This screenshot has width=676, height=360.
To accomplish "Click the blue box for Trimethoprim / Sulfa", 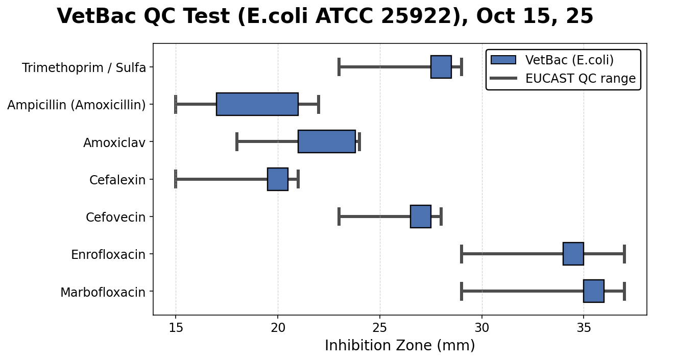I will click(x=441, y=67).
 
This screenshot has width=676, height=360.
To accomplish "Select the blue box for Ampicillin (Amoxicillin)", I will click(x=257, y=104).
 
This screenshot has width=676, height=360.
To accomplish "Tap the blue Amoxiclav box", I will click(x=326, y=141).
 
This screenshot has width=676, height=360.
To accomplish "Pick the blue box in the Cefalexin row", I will click(x=277, y=179).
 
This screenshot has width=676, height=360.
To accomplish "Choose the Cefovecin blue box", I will click(x=420, y=217).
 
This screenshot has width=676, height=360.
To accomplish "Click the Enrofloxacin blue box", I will click(x=573, y=254).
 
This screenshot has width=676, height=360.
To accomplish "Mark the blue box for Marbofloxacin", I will click(x=593, y=291).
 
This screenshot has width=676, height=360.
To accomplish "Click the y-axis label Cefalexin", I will click(x=117, y=180).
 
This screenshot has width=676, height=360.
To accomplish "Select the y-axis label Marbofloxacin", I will click(x=103, y=292).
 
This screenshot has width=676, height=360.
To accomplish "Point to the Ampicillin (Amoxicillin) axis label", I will click(x=77, y=105).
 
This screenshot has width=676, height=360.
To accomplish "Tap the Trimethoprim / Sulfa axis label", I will click(x=84, y=67).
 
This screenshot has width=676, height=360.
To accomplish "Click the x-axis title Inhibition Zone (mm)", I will click(x=400, y=346).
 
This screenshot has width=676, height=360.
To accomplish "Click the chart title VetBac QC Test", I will click(x=325, y=16).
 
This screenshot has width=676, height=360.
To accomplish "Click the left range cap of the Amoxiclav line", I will click(x=237, y=141).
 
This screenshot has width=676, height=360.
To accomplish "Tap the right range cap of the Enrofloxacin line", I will click(x=624, y=254).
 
